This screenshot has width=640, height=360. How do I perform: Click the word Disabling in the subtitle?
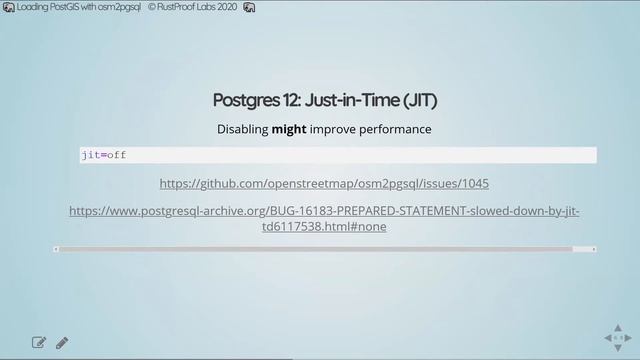pyautogui.click(x=242, y=129)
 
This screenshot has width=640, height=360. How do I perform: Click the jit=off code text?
pyautogui.click(x=104, y=155)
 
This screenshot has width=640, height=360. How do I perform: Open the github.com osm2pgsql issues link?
pyautogui.click(x=324, y=184)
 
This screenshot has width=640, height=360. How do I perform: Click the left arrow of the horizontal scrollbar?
pyautogui.click(x=56, y=249)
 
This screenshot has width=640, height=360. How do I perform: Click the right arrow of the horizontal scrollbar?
pyautogui.click(x=594, y=249)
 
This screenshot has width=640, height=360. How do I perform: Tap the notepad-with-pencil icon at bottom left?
pyautogui.click(x=39, y=343)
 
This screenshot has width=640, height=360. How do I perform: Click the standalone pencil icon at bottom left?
pyautogui.click(x=62, y=343)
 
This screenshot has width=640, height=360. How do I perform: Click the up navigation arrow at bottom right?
pyautogui.click(x=618, y=327)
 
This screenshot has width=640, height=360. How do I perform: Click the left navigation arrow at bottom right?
pyautogui.click(x=607, y=338)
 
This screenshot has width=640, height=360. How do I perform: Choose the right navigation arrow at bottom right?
pyautogui.click(x=629, y=338)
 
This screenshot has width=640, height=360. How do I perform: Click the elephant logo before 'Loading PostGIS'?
pyautogui.click(x=9, y=7)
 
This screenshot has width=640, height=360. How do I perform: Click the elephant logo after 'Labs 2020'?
pyautogui.click(x=249, y=7)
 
